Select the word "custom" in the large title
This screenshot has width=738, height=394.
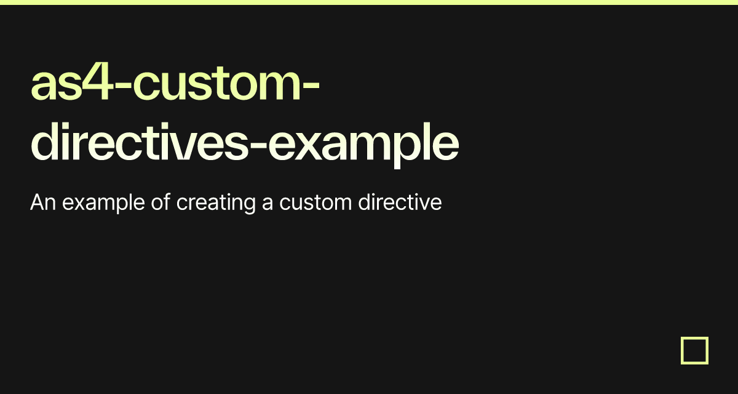pyautogui.click(x=216, y=83)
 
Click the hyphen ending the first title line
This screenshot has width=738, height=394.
pyautogui.click(x=311, y=86)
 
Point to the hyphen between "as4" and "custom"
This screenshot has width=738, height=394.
pyautogui.click(x=123, y=86)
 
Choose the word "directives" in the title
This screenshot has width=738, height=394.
pyautogui.click(x=139, y=142)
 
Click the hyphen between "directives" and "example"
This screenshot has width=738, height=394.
pyautogui.click(x=258, y=145)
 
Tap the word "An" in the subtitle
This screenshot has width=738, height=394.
pyautogui.click(x=43, y=202)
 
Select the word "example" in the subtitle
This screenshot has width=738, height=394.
pyautogui.click(x=103, y=203)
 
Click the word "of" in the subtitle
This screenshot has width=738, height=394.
pyautogui.click(x=161, y=202)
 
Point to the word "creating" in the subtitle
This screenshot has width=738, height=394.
pyautogui.click(x=216, y=203)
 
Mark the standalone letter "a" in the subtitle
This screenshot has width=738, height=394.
pyautogui.click(x=268, y=204)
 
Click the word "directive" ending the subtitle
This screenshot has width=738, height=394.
pyautogui.click(x=400, y=202)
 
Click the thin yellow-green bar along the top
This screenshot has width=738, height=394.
pyautogui.click(x=369, y=2)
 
